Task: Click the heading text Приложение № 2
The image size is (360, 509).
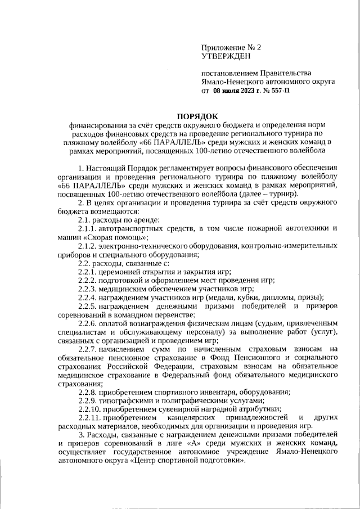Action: point(231,48)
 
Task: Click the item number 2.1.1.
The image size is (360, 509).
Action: point(87,228)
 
